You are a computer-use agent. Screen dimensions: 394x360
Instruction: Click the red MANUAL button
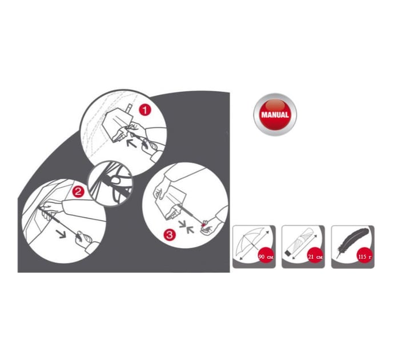coord(275,115)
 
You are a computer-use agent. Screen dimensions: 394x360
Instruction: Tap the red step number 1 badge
coord(144,110)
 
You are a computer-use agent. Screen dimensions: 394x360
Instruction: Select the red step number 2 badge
coord(78,192)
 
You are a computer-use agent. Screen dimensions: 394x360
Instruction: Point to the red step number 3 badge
coord(170,235)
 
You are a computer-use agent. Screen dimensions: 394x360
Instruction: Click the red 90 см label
coord(266,257)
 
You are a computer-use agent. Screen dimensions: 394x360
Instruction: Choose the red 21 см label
coord(315,257)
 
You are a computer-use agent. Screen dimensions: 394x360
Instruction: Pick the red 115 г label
coord(365,257)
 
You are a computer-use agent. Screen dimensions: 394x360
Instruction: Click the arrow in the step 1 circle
coord(131,143)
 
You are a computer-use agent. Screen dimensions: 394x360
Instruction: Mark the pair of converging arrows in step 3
coord(187,226)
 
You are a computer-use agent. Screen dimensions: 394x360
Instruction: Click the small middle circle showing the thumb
coord(110,183)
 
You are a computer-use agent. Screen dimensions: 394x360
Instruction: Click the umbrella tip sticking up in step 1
coord(129,108)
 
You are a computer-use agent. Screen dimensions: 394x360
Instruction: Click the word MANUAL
coord(275,115)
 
